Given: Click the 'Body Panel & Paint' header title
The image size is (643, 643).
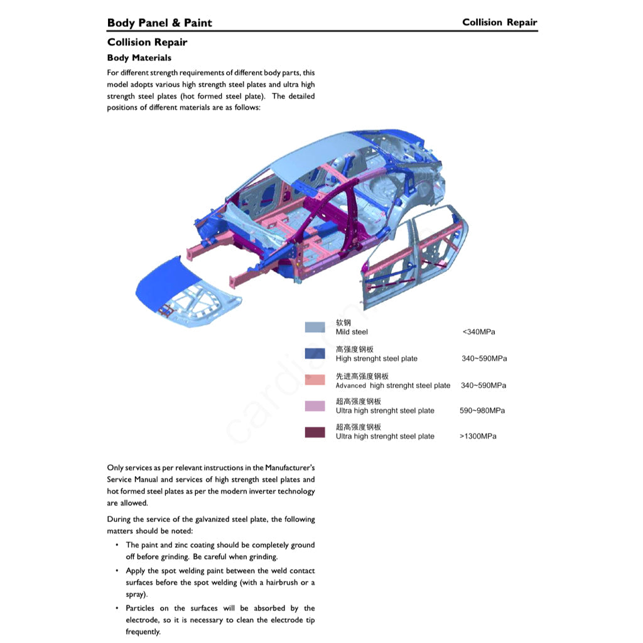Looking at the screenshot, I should pos(159,23).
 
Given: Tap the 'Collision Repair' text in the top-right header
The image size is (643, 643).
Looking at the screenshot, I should pos(499,23).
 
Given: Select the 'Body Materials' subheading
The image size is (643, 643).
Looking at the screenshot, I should pos(139,58).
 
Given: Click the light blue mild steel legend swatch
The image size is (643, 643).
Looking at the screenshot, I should pos(315,327).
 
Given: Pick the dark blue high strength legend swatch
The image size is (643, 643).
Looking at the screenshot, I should pos(315,354).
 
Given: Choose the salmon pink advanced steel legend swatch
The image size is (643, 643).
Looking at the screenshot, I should pos(315,380).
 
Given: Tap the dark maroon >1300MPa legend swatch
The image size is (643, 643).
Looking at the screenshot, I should pos(315,432).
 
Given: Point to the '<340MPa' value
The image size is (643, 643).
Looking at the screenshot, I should pos(478,332).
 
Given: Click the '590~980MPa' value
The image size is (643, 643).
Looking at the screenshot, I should pos(482,411).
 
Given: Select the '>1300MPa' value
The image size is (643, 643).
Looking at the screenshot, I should pos(477,436).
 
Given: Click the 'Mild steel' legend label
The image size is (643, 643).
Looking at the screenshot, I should pos(352,332).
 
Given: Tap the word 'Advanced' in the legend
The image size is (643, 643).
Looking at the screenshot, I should pos(350,386).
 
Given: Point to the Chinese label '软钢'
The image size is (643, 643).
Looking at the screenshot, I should pos(343,323).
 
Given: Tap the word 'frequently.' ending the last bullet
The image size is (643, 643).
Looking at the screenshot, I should pos(143,632).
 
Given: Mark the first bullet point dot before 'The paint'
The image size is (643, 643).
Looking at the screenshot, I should pos(117,545).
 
